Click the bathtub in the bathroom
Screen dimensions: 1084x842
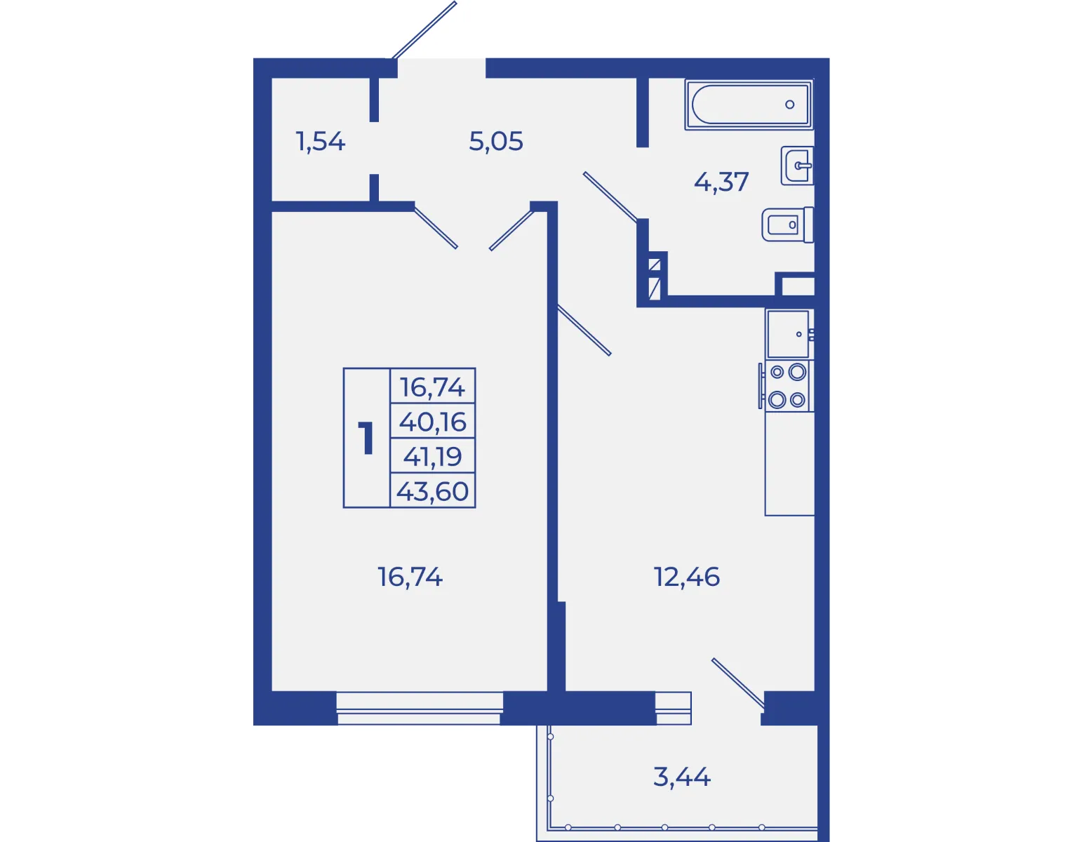click(748, 105)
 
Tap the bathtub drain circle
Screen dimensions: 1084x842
click(790, 105)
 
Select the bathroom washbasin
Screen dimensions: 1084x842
click(797, 166)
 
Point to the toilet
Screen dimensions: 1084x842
click(788, 225)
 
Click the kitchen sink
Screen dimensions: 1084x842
click(789, 334)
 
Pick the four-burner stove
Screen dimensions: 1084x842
click(787, 386)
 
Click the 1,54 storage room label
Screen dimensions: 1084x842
click(320, 142)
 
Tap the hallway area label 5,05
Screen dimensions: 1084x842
click(496, 141)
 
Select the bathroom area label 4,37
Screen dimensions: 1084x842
click(721, 182)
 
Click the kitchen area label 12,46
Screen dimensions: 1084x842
click(687, 577)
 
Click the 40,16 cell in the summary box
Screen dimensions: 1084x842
click(432, 422)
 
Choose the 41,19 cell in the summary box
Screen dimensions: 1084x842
click(432, 456)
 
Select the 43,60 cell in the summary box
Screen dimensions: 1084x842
click(432, 491)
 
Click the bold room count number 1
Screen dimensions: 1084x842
click(366, 437)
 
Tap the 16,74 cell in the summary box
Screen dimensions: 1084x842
click(432, 387)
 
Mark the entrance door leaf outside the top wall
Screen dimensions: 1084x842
click(424, 30)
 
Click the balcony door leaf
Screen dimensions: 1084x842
click(738, 683)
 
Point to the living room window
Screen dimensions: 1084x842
click(420, 708)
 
